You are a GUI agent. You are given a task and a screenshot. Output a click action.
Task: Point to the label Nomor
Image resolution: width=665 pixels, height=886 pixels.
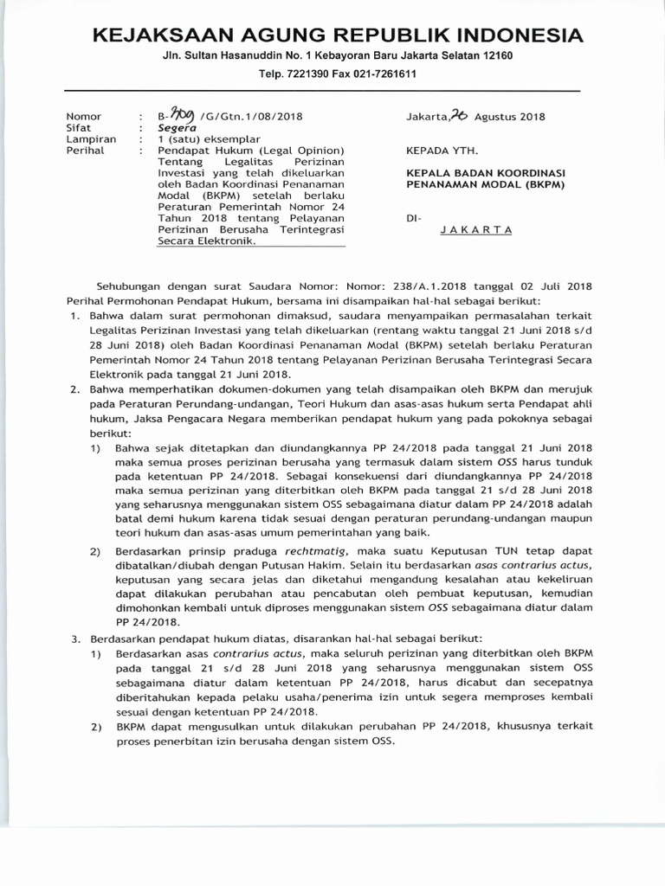84,117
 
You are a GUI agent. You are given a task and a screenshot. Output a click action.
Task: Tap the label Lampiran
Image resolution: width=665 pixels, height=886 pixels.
91,138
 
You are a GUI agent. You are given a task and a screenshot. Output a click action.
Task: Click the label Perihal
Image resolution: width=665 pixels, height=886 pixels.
86,150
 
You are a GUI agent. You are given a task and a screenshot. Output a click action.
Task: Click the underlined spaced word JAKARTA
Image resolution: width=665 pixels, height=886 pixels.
476,230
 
